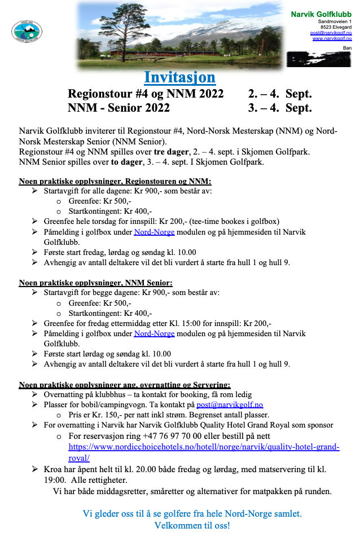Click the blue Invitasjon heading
[179, 77]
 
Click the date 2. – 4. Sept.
[280, 94]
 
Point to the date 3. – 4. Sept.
[280, 108]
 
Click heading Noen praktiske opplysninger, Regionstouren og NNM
[115, 182]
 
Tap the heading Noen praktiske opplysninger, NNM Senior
[96, 283]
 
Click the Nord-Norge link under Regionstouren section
[154, 232]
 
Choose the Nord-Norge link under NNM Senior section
[154, 333]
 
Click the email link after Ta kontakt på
[230, 404]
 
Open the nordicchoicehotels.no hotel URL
[204, 447]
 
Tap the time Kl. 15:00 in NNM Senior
[191, 323]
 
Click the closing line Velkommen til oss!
[192, 526]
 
